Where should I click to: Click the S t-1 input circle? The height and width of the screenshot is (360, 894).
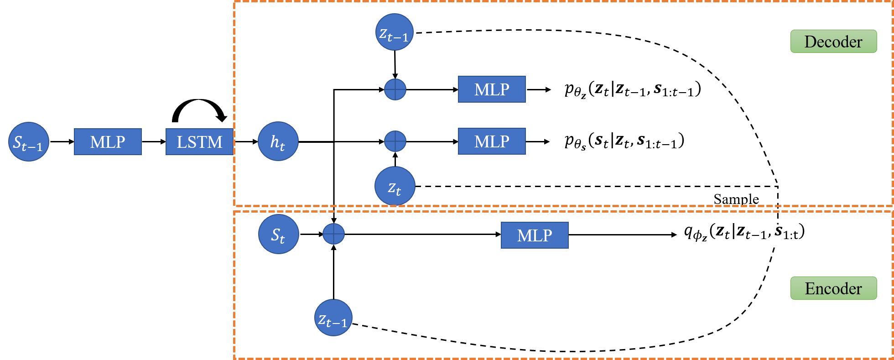point(29,141)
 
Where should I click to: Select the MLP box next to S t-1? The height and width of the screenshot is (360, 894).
point(108,141)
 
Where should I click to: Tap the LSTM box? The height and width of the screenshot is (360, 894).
point(199,141)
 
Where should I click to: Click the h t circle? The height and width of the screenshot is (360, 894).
point(278,141)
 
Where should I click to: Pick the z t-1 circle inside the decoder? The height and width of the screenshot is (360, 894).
point(395,32)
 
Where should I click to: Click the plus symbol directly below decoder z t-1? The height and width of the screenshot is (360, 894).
point(395,89)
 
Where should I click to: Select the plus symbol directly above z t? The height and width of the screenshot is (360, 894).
point(395,141)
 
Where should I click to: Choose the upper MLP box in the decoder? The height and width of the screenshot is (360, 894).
point(492,89)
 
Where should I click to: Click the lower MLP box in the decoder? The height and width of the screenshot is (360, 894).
point(492,141)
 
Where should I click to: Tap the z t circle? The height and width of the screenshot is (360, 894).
point(395,186)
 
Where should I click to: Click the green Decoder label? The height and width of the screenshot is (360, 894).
point(833,42)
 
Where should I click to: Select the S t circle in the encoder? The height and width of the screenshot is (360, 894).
point(279,234)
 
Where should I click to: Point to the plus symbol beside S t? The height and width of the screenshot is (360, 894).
point(333,234)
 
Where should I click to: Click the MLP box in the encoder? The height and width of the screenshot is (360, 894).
point(535,235)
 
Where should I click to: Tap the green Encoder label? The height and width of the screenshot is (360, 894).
point(833,288)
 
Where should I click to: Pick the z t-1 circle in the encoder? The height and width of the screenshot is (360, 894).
point(333,318)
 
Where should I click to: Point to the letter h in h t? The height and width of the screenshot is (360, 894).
point(275,141)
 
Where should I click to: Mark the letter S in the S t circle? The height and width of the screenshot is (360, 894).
point(275,234)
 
